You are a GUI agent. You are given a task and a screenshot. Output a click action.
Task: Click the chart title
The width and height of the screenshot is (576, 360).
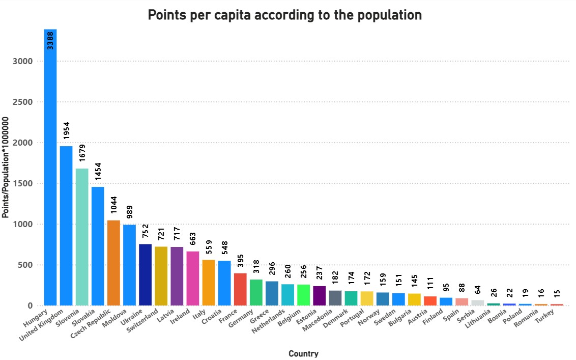click(284, 15)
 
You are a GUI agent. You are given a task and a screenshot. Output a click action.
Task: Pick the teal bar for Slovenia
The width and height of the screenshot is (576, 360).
click(82, 237)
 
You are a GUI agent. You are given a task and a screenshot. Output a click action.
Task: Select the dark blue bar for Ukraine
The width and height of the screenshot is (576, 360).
click(145, 274)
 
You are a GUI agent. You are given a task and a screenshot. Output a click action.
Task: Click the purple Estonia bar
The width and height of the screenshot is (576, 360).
click(320, 295)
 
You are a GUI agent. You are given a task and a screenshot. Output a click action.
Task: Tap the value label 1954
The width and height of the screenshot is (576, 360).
click(66, 131)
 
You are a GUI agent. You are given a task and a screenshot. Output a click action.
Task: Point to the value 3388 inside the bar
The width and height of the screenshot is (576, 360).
click(50, 40)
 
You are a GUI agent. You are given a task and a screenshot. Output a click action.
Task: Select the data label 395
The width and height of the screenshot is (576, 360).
click(240, 261)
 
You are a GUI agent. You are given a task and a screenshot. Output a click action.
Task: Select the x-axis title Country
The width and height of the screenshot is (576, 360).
click(303, 353)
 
